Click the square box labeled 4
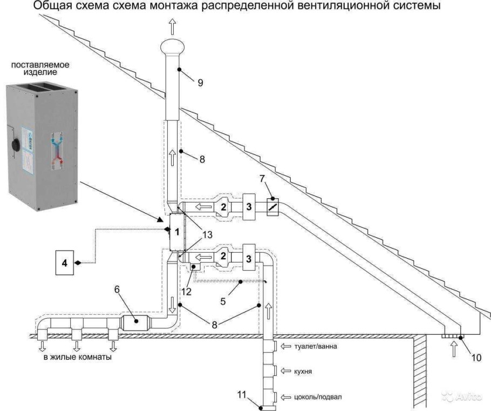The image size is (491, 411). (67, 262)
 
